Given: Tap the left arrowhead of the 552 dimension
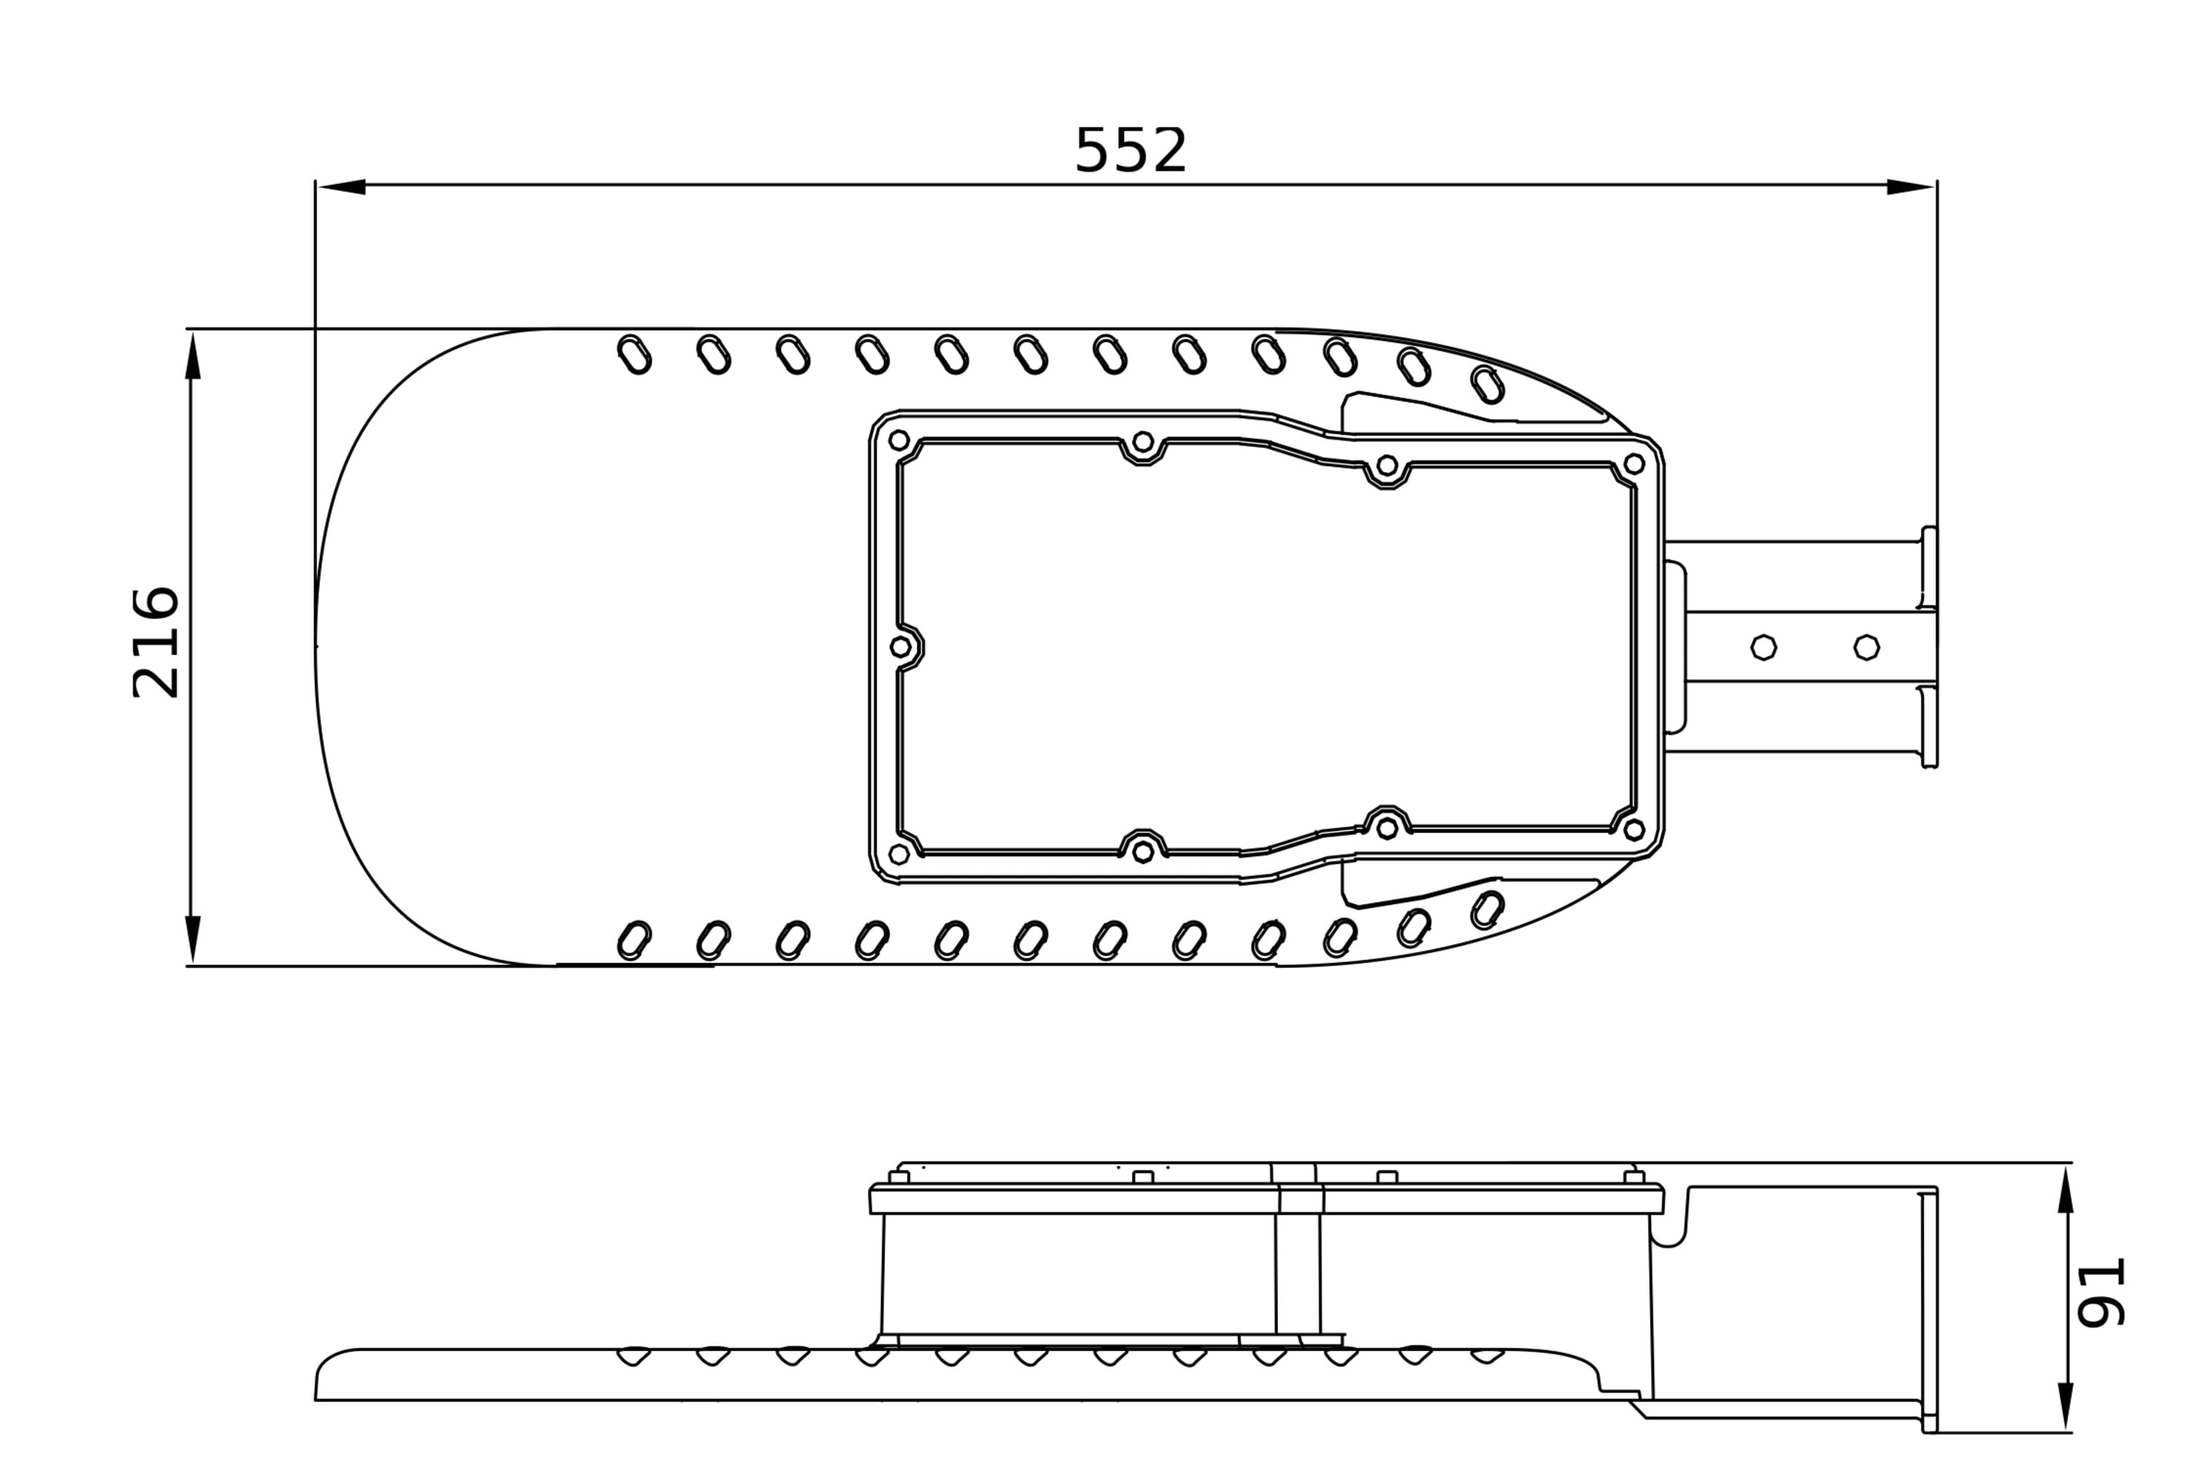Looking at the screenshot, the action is click(341, 187).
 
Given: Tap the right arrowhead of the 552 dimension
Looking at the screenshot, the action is click(1911, 187).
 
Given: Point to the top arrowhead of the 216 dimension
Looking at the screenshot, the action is click(193, 355).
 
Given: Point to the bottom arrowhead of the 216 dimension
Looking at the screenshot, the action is click(193, 939).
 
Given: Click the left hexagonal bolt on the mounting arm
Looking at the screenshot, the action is click(1764, 648).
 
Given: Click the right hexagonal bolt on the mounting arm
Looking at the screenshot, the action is click(1867, 648).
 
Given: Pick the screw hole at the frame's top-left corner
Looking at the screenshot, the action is click(899, 441).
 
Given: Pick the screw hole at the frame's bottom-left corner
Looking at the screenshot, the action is click(899, 854).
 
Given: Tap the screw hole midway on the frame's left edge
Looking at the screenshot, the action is click(901, 648).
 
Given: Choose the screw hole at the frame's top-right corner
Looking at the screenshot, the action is click(1634, 464).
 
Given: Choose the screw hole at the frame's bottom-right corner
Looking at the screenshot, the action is click(1634, 830).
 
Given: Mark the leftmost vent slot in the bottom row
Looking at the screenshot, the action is click(635, 940).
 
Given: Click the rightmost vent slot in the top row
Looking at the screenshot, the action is click(1488, 385).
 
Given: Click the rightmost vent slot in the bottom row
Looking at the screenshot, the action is click(1488, 910).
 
